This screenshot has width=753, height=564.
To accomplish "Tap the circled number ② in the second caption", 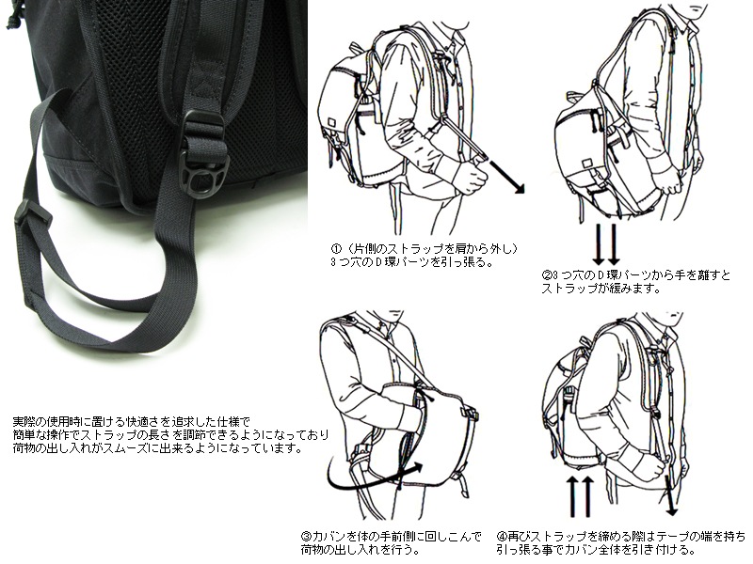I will [546, 274].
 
